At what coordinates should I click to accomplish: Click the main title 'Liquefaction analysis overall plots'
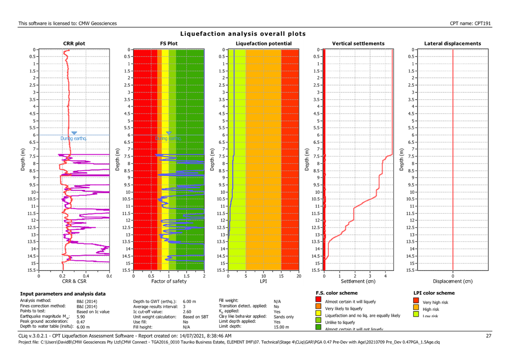(243, 34)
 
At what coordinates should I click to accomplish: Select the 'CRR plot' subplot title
(74, 44)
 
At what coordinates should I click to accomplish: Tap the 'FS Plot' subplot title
(168, 44)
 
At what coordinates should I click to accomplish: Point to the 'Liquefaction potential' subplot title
(263, 44)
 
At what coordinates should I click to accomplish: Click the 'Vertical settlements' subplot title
(358, 44)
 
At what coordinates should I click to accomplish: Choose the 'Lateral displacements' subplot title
(453, 44)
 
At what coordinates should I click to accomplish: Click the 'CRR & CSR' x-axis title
(74, 281)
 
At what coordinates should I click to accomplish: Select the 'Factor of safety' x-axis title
(168, 281)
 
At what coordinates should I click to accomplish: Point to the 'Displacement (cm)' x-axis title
(453, 281)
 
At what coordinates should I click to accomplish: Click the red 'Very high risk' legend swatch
(417, 302)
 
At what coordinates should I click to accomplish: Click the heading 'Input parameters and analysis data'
(63, 293)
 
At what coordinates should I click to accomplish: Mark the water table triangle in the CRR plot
(74, 133)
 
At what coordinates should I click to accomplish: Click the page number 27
(489, 336)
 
